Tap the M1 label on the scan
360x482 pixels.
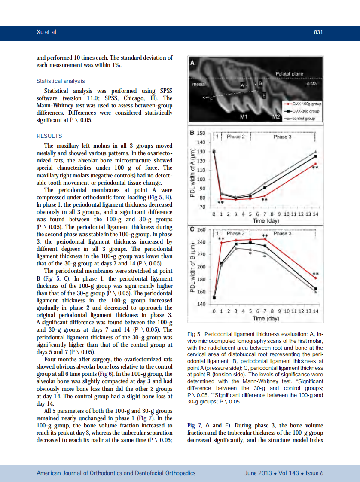[x=244, y=117]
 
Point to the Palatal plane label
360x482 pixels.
[x=289, y=74]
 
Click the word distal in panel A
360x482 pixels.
[x=311, y=84]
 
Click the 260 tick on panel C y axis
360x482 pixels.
[x=201, y=230]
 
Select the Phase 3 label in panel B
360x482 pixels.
[x=282, y=137]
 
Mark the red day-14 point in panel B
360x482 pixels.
[x=316, y=164]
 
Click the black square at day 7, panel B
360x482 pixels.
[x=265, y=188]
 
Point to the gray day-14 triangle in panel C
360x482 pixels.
[x=316, y=292]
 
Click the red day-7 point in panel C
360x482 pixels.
[x=265, y=239]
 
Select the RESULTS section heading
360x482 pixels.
[x=49, y=136]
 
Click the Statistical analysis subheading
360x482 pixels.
[x=61, y=81]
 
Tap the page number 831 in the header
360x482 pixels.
[x=318, y=32]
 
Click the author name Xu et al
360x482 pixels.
[x=46, y=32]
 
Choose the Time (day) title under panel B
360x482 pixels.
[x=266, y=221]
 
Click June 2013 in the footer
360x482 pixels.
[x=258, y=473]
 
